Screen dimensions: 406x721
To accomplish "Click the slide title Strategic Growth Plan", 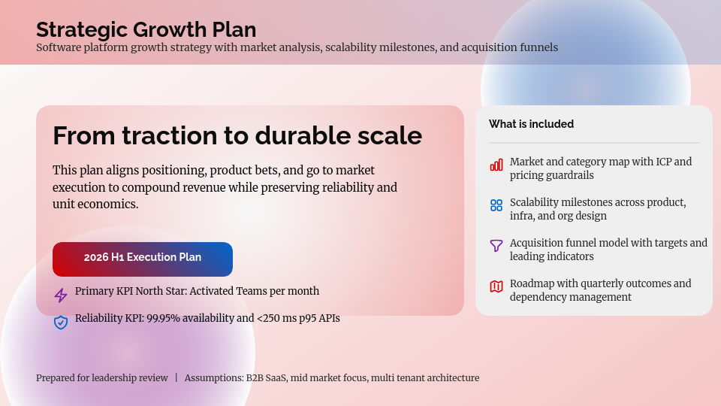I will (x=146, y=29).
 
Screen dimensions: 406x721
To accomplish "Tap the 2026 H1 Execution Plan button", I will (x=143, y=258).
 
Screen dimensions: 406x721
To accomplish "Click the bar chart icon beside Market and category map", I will (x=496, y=165).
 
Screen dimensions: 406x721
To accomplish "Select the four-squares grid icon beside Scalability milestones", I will (x=496, y=205).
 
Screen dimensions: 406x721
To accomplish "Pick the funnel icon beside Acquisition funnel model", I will (x=496, y=246).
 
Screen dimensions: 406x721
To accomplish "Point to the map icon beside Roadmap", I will (x=496, y=286).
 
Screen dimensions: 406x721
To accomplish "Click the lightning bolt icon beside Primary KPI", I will (x=61, y=295).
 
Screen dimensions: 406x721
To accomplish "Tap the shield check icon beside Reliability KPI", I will (x=61, y=323).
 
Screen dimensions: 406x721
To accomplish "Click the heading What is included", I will (x=531, y=124).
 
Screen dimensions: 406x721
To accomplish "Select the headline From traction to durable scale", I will (x=237, y=136).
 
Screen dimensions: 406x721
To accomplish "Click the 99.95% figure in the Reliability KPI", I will (x=165, y=319).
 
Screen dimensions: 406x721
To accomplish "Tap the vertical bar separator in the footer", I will (x=176, y=378).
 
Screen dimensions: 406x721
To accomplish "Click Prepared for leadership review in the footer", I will (x=102, y=378).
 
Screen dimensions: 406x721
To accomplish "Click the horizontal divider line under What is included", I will (x=593, y=143).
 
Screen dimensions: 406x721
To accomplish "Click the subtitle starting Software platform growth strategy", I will (x=297, y=47).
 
